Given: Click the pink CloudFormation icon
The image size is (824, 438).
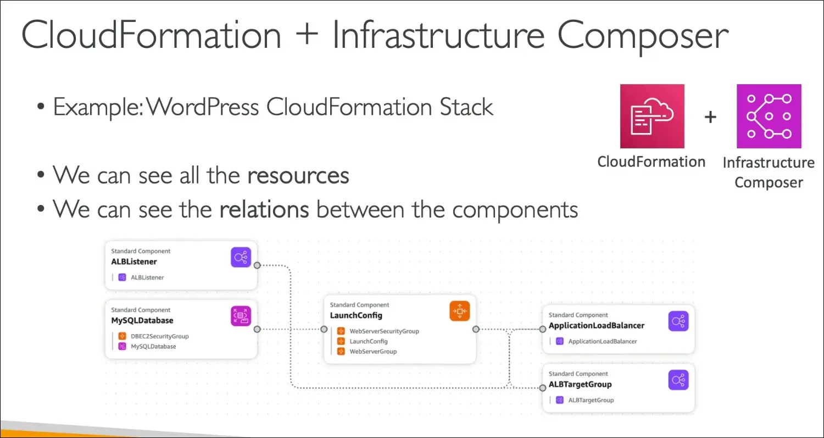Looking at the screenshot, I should [x=652, y=116].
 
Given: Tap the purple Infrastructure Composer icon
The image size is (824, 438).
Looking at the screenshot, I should [x=769, y=116].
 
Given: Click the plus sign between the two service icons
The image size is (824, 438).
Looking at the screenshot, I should [x=710, y=117].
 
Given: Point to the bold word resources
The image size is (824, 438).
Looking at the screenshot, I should [x=298, y=175].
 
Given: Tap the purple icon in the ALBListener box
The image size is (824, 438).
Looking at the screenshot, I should [x=241, y=257].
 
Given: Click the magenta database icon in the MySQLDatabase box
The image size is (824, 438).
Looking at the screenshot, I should [x=241, y=316].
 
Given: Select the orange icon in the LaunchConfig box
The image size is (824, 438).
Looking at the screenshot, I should [x=459, y=311].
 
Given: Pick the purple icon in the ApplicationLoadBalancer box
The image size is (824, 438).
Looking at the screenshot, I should [x=678, y=321].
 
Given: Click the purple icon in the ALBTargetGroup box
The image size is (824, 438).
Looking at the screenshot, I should [x=678, y=380].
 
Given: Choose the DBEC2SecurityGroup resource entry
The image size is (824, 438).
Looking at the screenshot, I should [x=159, y=336].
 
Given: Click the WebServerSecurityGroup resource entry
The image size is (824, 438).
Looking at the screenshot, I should [x=384, y=331].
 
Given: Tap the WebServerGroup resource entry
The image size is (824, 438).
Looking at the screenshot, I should [x=372, y=351].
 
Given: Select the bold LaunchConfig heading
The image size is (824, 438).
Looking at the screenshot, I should [x=356, y=315].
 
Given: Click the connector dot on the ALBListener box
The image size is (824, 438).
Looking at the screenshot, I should [x=257, y=265].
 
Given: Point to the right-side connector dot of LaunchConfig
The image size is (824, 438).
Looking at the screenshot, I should [x=476, y=329].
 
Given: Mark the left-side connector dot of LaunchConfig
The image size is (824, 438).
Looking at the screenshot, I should [x=324, y=329].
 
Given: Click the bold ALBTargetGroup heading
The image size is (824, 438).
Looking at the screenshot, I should [x=580, y=384].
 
